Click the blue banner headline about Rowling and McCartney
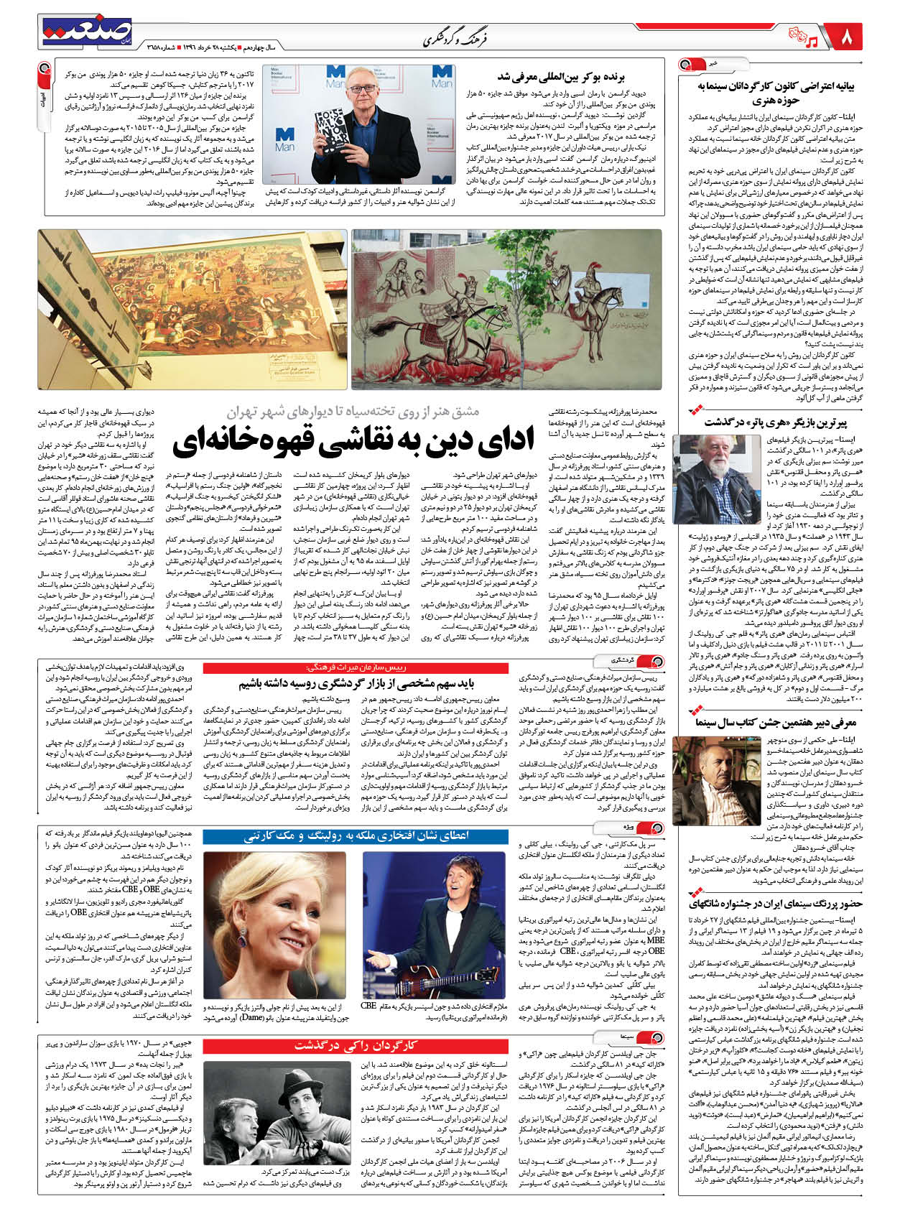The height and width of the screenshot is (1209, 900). pyautogui.click(x=355, y=836)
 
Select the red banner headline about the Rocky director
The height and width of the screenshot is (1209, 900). pyautogui.click(x=355, y=1045)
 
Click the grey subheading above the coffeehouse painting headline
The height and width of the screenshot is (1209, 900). pyautogui.click(x=353, y=412)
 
